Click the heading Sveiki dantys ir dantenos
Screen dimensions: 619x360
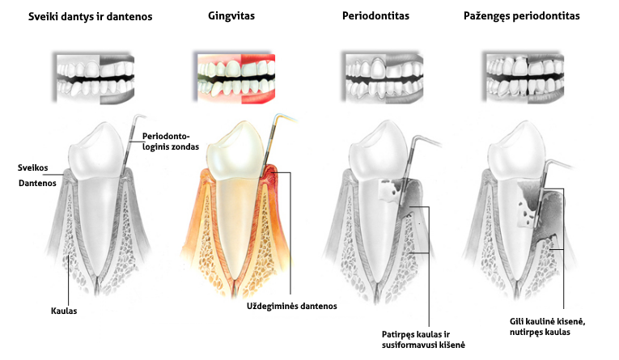(90, 16)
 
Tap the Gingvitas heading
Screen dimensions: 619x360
(231, 16)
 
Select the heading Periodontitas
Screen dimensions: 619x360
(375, 16)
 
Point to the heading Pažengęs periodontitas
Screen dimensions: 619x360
(521, 16)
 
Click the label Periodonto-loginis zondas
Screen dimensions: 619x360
(171, 142)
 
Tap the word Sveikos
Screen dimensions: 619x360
(32, 167)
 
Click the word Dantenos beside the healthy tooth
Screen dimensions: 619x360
(37, 183)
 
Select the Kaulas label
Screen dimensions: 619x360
(64, 311)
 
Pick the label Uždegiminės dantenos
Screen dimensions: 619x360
(292, 307)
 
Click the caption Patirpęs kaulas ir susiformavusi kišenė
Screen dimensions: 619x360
(423, 340)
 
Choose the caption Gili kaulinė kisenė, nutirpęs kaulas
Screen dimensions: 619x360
(547, 327)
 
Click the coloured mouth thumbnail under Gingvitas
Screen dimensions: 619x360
(236, 78)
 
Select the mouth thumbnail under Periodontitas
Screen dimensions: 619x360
(384, 78)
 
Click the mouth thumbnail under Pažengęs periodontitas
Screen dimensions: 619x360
(525, 78)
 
